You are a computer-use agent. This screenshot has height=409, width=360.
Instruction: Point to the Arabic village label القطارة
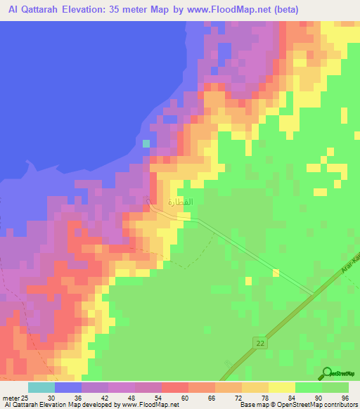[x=180, y=202]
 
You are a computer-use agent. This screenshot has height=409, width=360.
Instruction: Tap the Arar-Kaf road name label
[x=351, y=264]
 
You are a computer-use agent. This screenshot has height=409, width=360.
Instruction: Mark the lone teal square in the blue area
[x=146, y=143]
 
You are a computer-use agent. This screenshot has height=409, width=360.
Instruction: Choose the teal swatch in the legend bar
[x=41, y=387]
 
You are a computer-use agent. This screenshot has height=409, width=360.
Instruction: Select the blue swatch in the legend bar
[x=68, y=387]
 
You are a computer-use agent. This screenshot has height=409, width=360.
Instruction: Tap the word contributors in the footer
[x=340, y=405]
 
